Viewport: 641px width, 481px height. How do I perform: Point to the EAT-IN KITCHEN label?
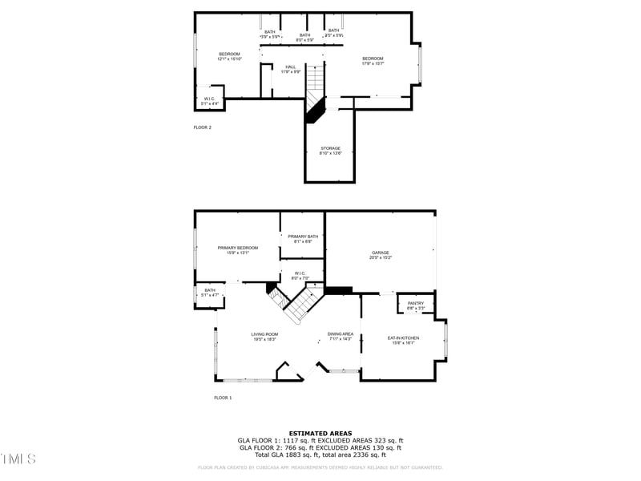click(x=403, y=340)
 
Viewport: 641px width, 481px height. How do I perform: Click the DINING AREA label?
click(x=340, y=336)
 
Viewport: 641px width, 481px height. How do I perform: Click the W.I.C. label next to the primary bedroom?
click(x=300, y=275)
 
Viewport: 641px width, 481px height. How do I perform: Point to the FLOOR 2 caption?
click(x=203, y=127)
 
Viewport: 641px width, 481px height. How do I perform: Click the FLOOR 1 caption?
click(x=223, y=398)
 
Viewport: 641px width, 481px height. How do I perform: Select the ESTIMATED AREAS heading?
click(x=320, y=433)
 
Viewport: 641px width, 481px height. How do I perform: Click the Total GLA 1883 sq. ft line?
click(x=320, y=454)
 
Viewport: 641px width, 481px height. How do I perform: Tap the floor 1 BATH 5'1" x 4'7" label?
click(x=209, y=293)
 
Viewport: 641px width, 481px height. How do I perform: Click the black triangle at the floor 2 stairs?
click(x=312, y=111)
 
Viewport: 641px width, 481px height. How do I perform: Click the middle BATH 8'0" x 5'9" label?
click(x=305, y=37)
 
